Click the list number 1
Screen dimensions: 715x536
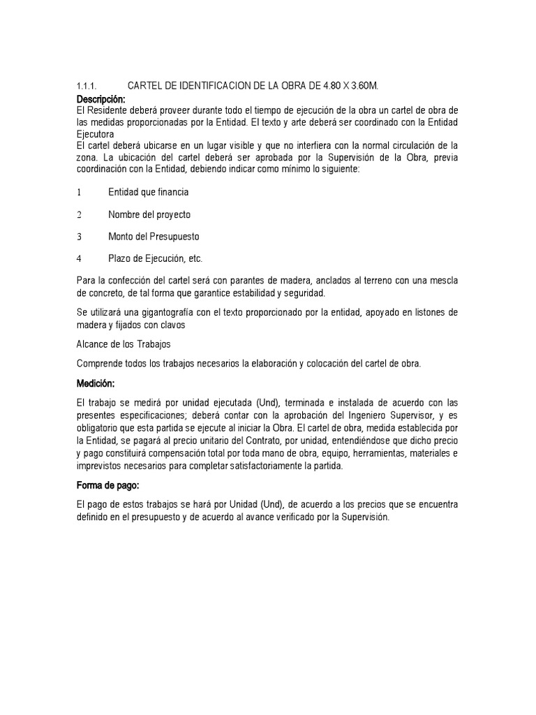pyautogui.click(x=79, y=192)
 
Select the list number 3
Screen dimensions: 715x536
pyautogui.click(x=80, y=237)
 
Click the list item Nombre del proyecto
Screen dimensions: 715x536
pyautogui.click(x=149, y=214)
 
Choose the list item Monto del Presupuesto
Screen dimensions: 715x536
pyautogui.click(x=154, y=237)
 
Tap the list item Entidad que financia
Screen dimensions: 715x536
pyautogui.click(x=149, y=192)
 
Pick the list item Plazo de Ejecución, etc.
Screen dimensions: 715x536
pyautogui.click(x=155, y=258)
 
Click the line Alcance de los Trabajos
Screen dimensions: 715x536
pyautogui.click(x=123, y=344)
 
